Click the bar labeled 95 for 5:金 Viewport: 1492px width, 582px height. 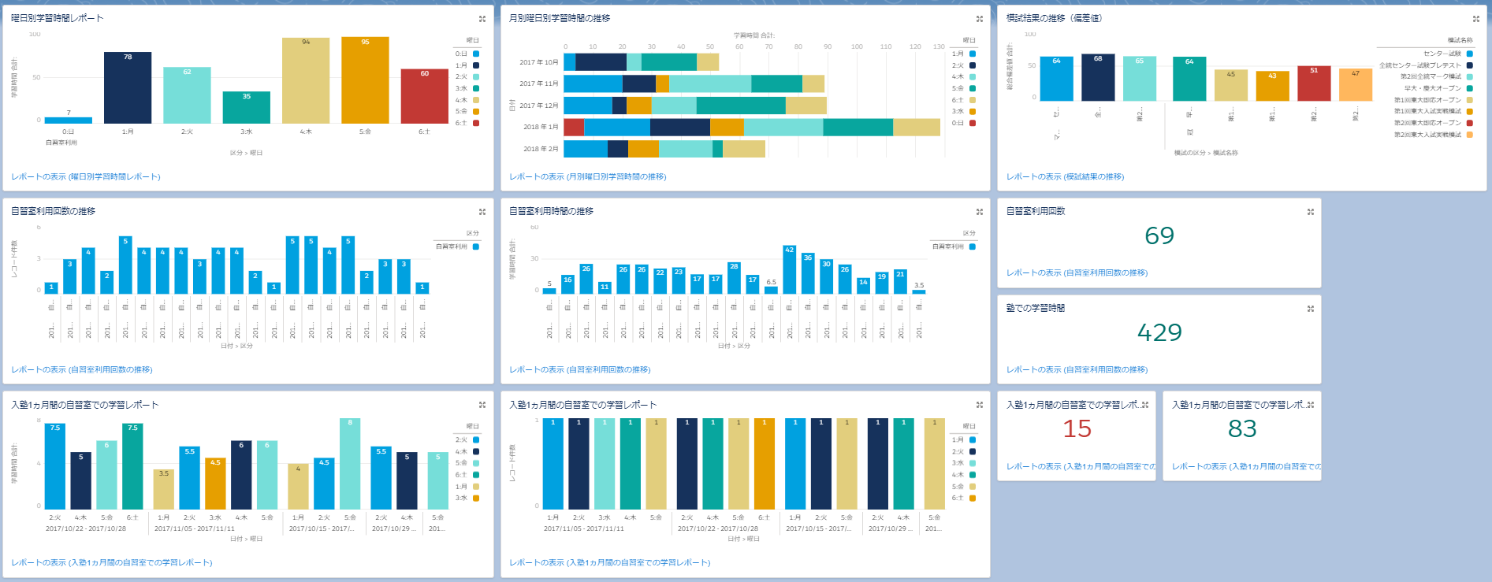pyautogui.click(x=365, y=80)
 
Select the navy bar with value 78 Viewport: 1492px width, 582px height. pyautogui.click(x=128, y=87)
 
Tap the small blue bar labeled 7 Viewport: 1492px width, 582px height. pyautogui.click(x=69, y=120)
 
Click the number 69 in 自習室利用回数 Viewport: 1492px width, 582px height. pyautogui.click(x=1159, y=235)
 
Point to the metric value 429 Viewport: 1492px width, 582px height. pyautogui.click(x=1159, y=332)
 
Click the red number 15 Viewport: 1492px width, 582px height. pyautogui.click(x=1077, y=428)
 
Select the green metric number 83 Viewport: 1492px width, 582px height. pyautogui.click(x=1242, y=428)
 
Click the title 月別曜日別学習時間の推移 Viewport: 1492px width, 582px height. pyautogui.click(x=560, y=18)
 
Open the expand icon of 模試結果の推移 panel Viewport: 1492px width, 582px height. pyautogui.click(x=1475, y=19)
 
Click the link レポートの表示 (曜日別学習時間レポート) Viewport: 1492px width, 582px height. pyautogui.click(x=86, y=176)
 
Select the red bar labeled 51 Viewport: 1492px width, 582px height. pyautogui.click(x=1314, y=83)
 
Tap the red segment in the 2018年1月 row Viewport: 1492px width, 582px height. pyautogui.click(x=574, y=127)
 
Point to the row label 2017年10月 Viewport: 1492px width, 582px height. pyautogui.click(x=538, y=62)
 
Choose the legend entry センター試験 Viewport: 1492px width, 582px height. pyautogui.click(x=1442, y=54)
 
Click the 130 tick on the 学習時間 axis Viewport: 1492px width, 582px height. pyautogui.click(x=939, y=46)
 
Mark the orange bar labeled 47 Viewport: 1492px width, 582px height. pyautogui.click(x=1356, y=85)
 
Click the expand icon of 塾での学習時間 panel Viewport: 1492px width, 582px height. pyautogui.click(x=1310, y=309)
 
